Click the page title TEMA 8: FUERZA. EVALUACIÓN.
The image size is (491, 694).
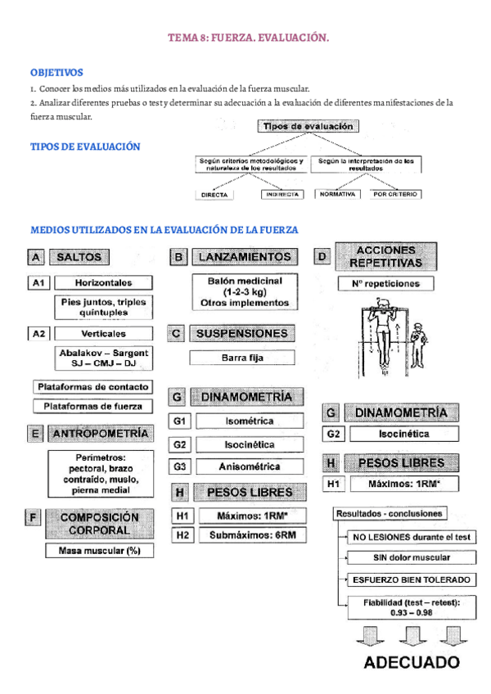249,38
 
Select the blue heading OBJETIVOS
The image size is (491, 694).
56,73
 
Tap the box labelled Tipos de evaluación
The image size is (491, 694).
307,127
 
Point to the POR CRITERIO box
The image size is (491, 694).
396,195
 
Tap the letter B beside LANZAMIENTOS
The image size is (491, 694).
179,257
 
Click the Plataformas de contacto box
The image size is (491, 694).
91,386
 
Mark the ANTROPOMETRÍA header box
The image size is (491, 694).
100,433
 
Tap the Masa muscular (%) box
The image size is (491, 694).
100,551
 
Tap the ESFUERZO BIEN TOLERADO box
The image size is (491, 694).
411,579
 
